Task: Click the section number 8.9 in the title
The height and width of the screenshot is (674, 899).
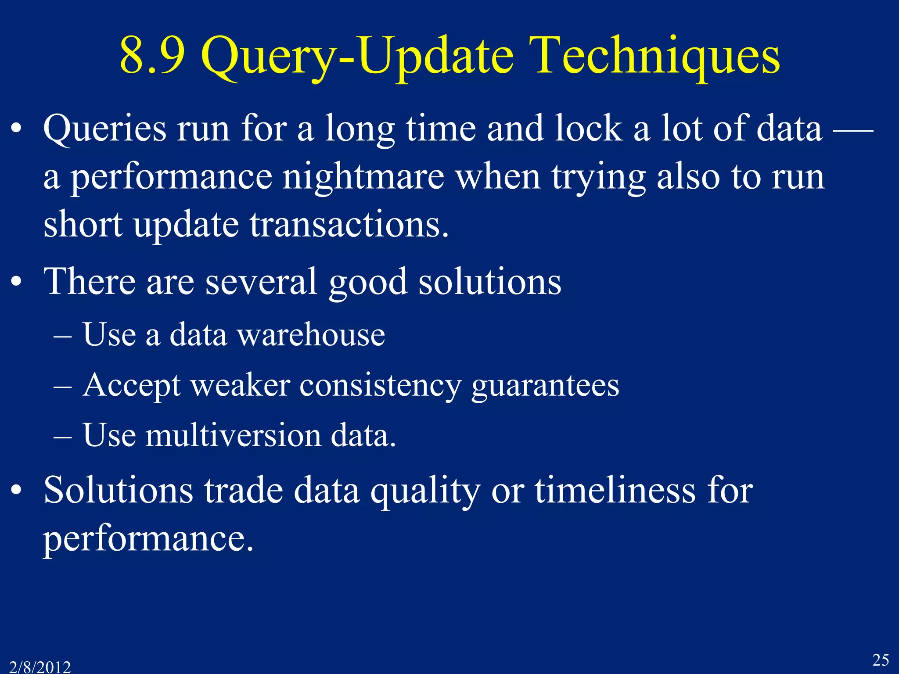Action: click(152, 56)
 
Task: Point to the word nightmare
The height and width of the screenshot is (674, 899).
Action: click(363, 177)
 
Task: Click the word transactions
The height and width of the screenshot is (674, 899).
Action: click(349, 225)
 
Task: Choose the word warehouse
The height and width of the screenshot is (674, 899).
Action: click(311, 335)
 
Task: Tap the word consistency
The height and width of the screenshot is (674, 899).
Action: click(381, 386)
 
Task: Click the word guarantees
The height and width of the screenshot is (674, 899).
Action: click(545, 386)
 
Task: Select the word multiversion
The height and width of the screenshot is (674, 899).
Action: click(233, 436)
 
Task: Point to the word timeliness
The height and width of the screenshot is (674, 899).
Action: click(615, 491)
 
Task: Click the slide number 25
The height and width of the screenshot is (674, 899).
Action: click(881, 660)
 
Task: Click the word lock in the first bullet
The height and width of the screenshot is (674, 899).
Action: click(588, 129)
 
